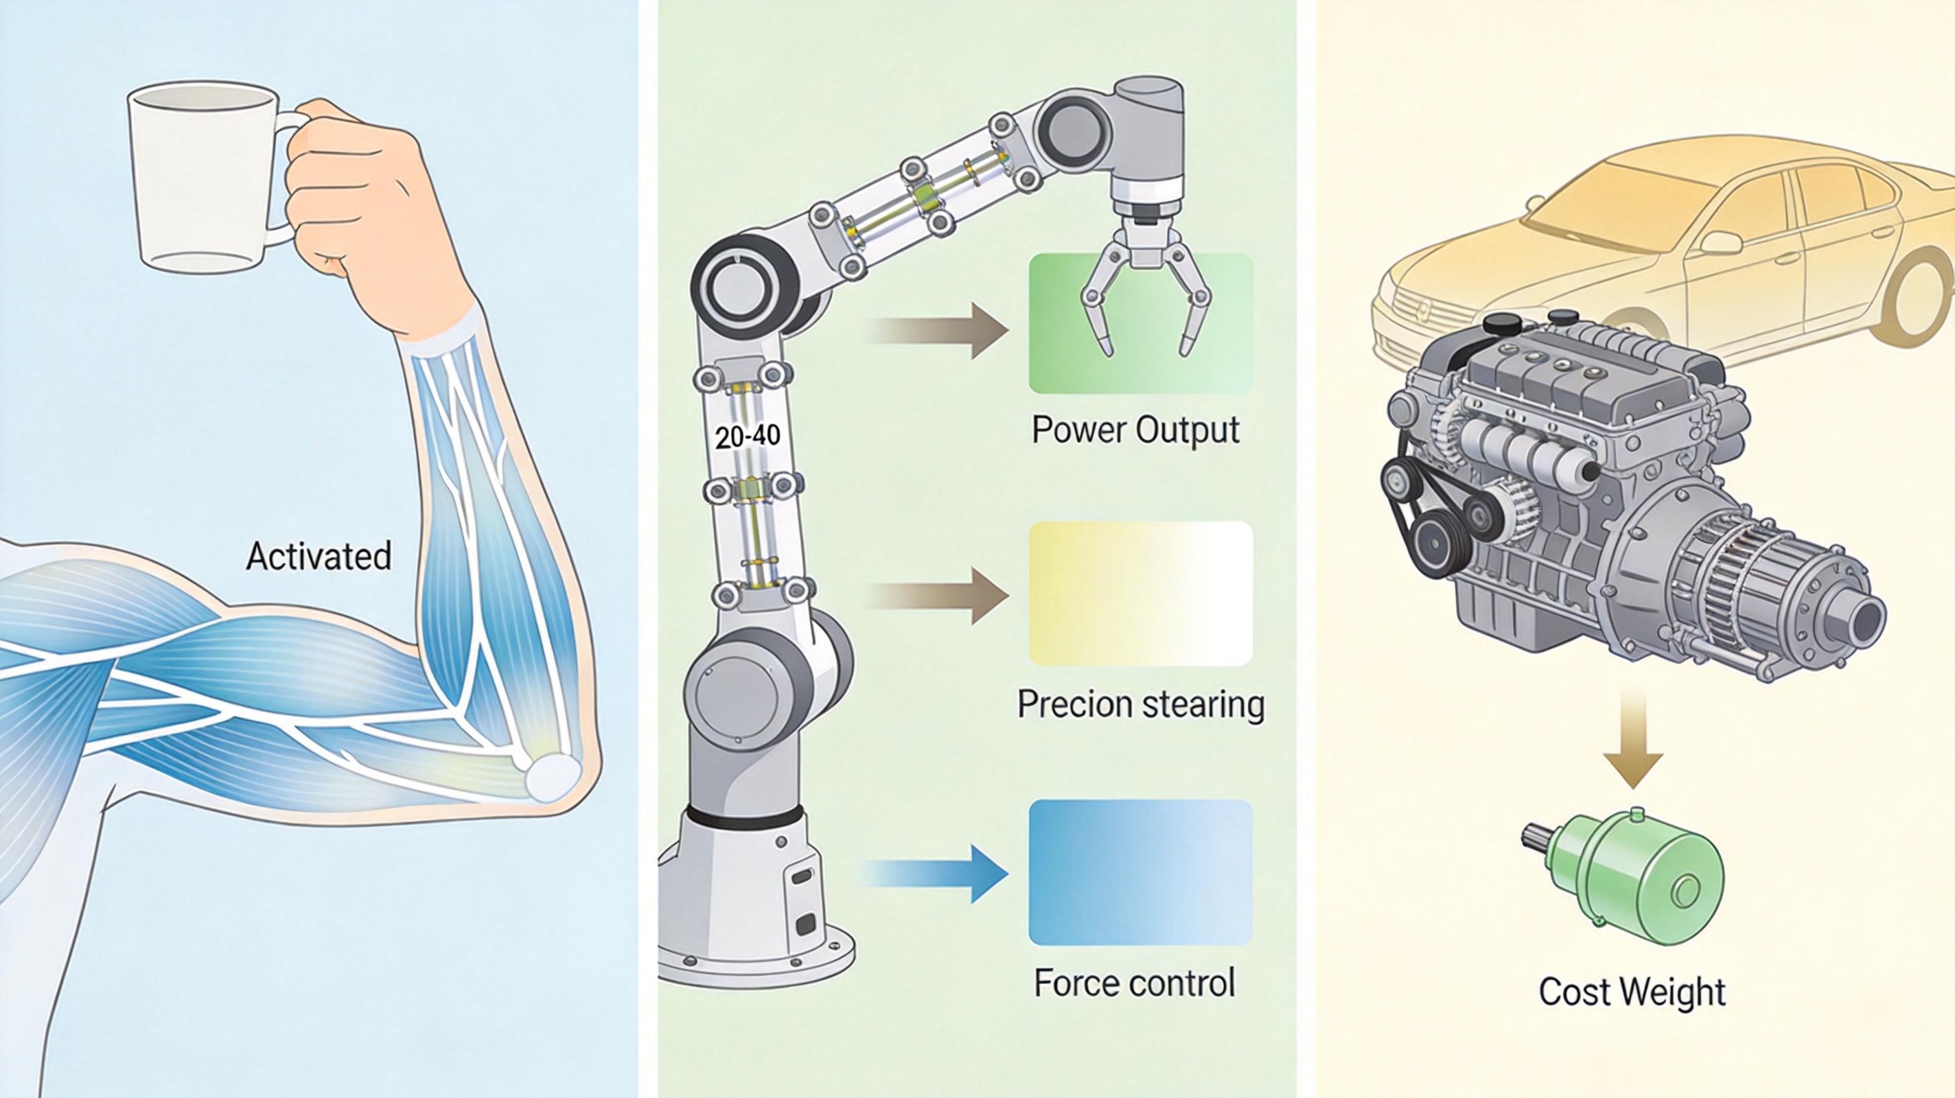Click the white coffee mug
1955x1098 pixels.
(x=201, y=179)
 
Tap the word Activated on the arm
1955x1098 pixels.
(x=319, y=557)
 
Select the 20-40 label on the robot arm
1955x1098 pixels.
(x=748, y=436)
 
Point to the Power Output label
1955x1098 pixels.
(x=1135, y=430)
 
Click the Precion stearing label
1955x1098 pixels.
(x=1141, y=705)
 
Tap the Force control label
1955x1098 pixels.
(x=1135, y=983)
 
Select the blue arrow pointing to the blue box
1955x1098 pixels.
(x=934, y=874)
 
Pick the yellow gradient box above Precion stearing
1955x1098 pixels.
(x=1141, y=594)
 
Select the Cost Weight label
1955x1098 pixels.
(x=1632, y=992)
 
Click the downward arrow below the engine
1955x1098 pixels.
(x=1633, y=740)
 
